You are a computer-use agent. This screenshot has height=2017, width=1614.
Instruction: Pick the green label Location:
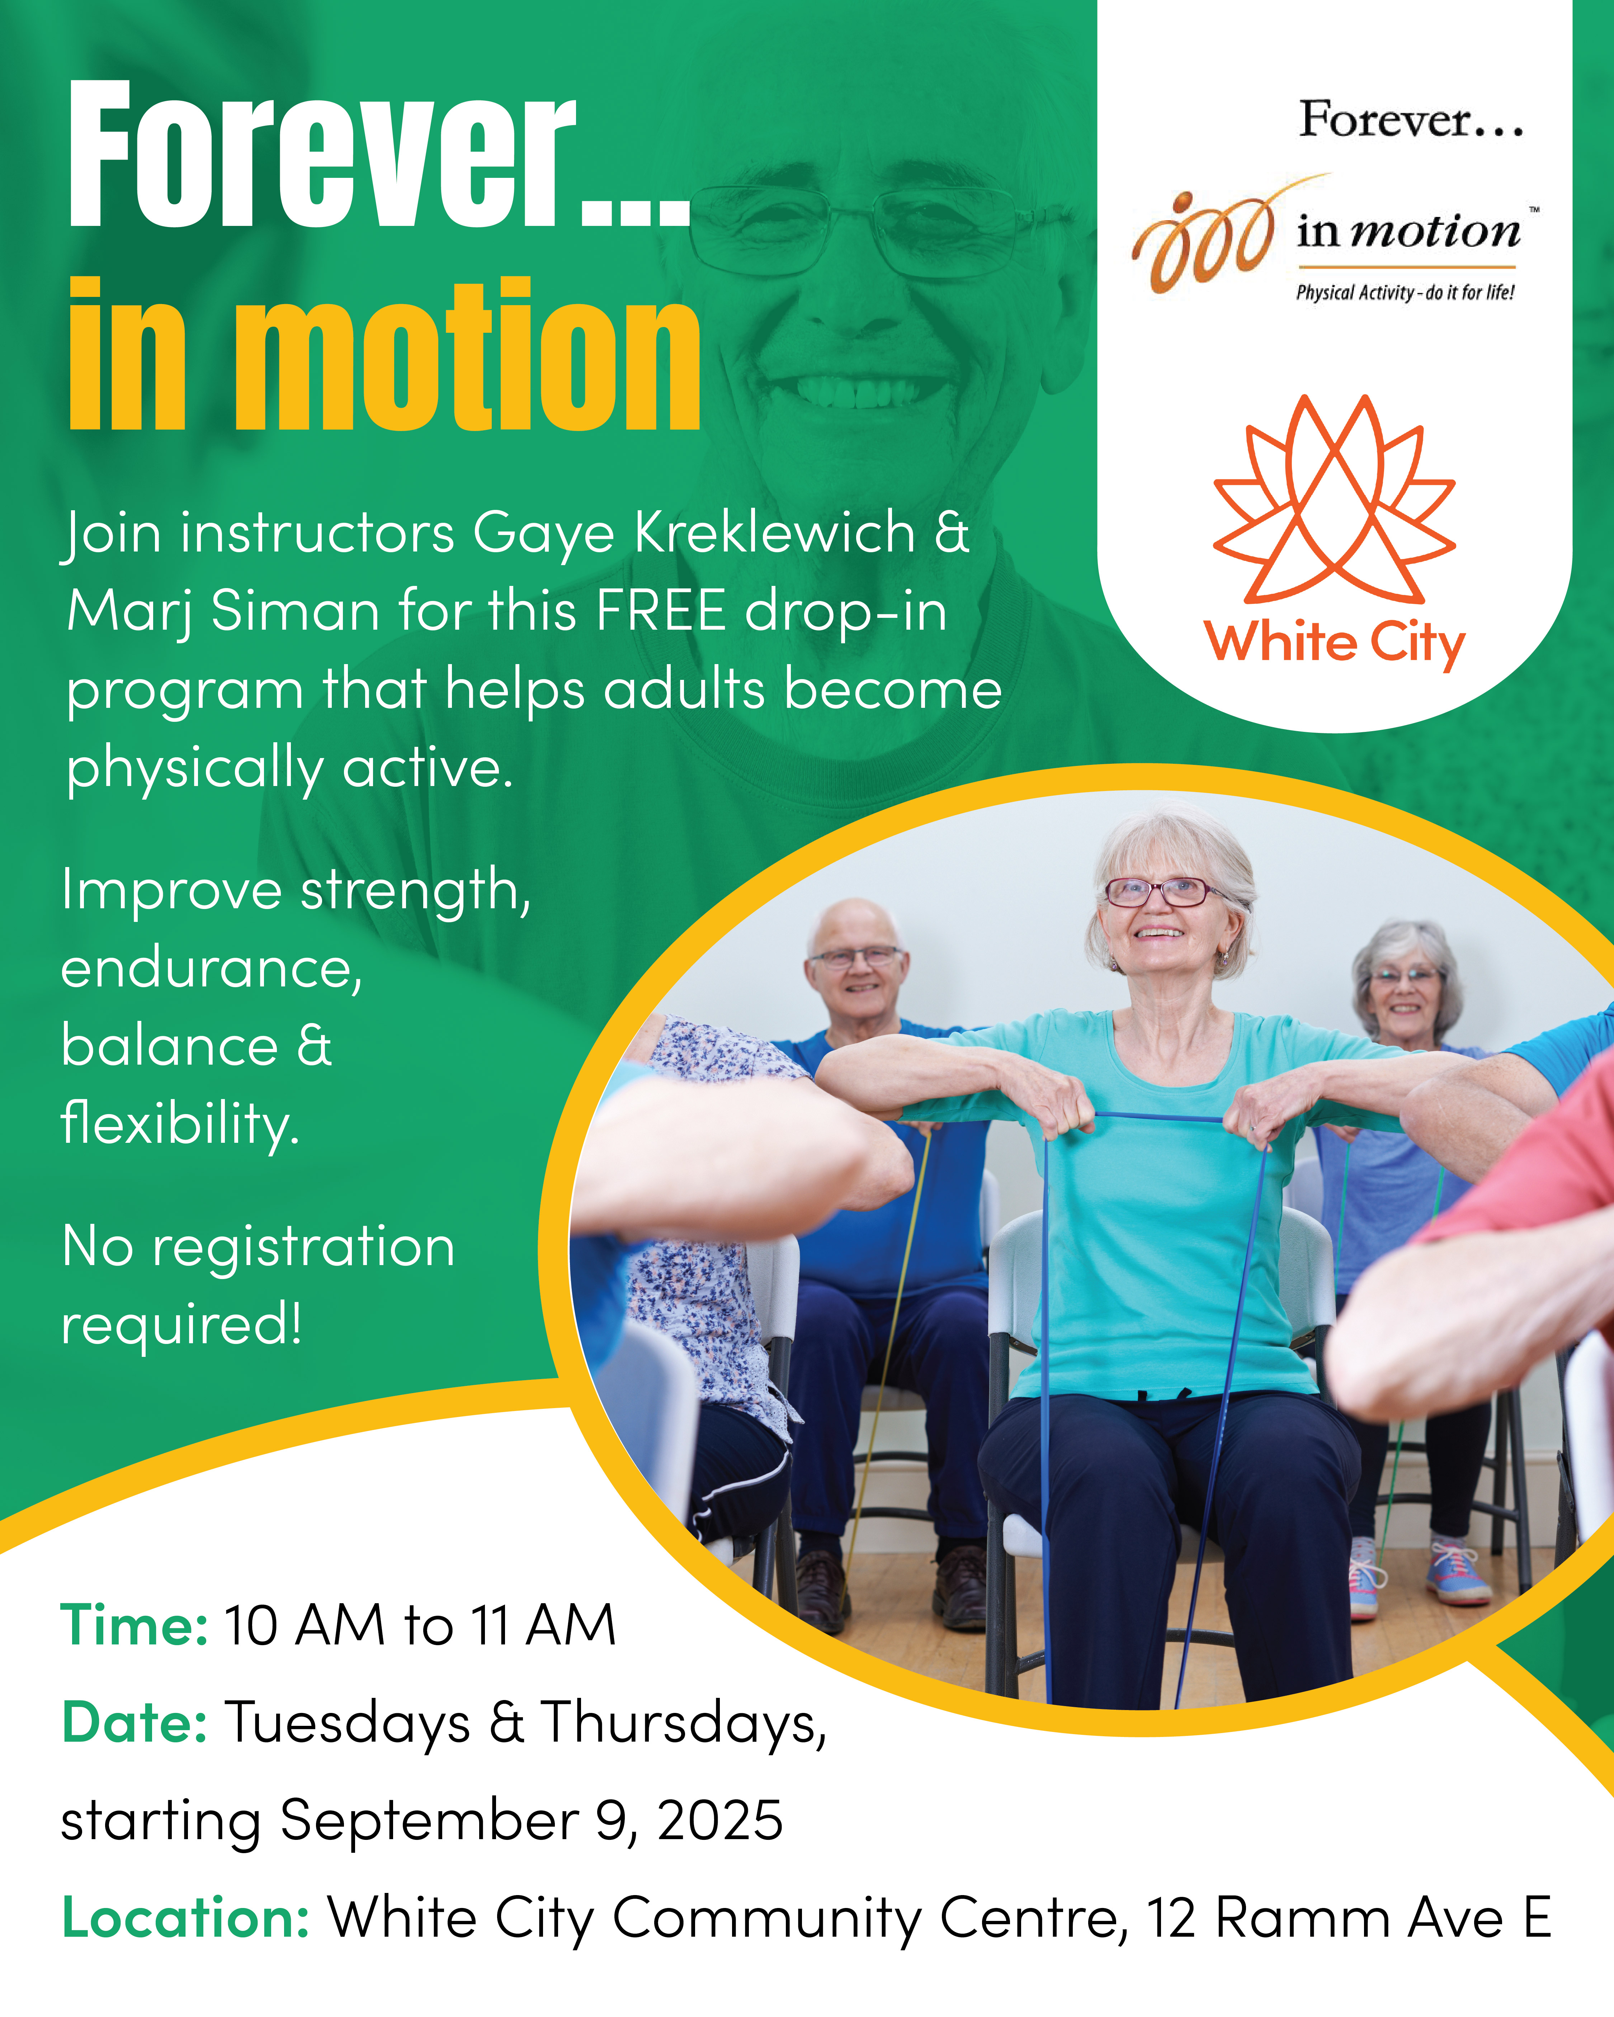pos(185,1918)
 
